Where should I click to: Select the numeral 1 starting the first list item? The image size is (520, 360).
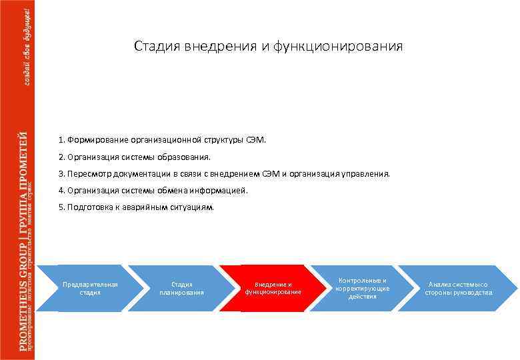pyautogui.click(x=61, y=140)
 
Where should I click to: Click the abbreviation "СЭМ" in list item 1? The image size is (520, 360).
pyautogui.click(x=255, y=140)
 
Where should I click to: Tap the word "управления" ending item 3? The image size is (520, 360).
pyautogui.click(x=365, y=174)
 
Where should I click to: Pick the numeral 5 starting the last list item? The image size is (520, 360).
pyautogui.click(x=61, y=207)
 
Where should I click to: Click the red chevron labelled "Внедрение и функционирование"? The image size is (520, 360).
pyautogui.click(x=273, y=288)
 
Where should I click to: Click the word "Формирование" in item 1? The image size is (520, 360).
pyautogui.click(x=93, y=140)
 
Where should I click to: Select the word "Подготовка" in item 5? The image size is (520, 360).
pyautogui.click(x=89, y=207)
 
